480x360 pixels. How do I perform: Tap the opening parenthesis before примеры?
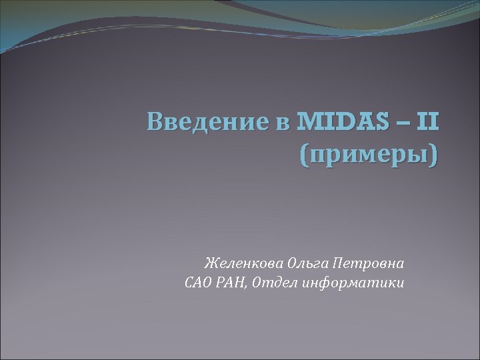[306, 158]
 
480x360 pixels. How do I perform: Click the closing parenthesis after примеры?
[435, 158]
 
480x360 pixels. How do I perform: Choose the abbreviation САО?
[198, 283]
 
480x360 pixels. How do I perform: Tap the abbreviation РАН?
[235, 283]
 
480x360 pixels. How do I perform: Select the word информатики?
[353, 283]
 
